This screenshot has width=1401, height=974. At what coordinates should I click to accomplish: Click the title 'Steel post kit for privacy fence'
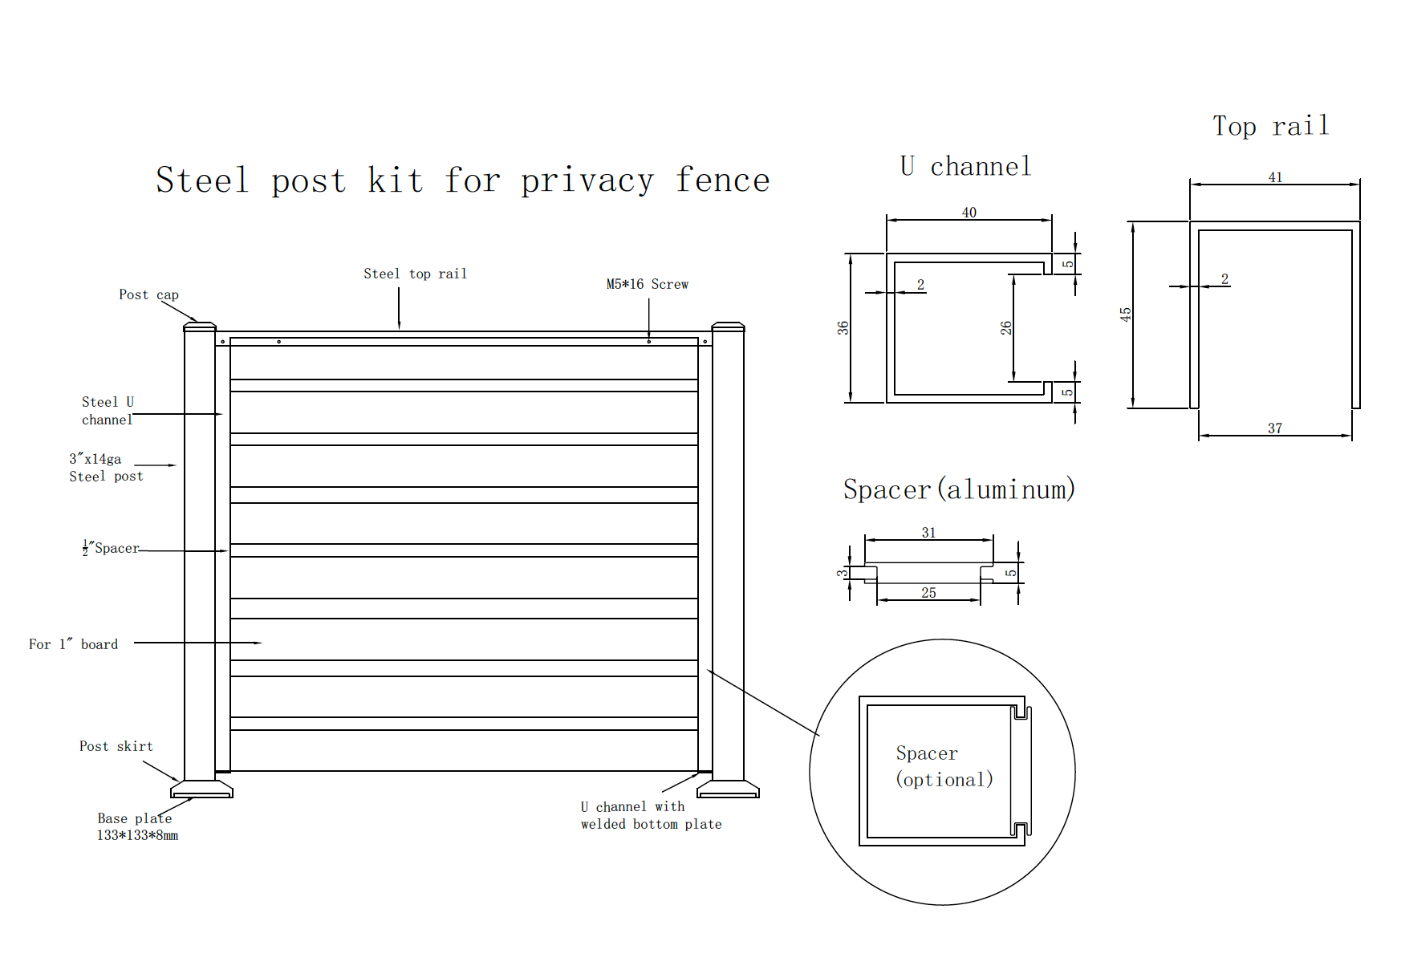[463, 181]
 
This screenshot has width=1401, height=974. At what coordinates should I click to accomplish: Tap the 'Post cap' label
[148, 295]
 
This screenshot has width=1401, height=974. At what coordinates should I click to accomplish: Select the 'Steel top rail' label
[415, 274]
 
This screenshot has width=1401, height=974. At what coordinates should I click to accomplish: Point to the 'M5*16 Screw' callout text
[647, 285]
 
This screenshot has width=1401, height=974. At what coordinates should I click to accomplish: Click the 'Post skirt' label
[116, 747]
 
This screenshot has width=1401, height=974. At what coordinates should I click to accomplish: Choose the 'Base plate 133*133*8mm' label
[136, 827]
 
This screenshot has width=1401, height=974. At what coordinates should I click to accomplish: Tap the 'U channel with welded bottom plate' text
[651, 816]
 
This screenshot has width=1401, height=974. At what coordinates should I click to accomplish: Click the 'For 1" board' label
[73, 645]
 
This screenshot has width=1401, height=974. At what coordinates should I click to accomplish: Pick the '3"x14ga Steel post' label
[105, 468]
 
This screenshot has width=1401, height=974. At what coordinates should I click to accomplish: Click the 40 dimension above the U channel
[969, 213]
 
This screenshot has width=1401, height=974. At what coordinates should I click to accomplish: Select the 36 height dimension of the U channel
[843, 328]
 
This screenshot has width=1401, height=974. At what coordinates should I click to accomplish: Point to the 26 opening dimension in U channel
[1006, 328]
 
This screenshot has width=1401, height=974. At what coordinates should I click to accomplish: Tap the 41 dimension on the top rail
[1275, 177]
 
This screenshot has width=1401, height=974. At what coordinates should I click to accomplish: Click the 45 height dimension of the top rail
[1126, 315]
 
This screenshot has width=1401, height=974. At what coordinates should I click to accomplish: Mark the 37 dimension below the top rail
[1275, 428]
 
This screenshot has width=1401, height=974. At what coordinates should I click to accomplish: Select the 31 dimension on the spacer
[928, 533]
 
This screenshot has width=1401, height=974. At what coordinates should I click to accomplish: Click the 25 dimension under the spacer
[928, 593]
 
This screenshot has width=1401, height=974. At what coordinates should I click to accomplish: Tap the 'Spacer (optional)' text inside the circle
[944, 766]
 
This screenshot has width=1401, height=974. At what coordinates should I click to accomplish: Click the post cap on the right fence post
[728, 326]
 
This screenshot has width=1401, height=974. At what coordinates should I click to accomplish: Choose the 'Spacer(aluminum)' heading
[959, 489]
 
